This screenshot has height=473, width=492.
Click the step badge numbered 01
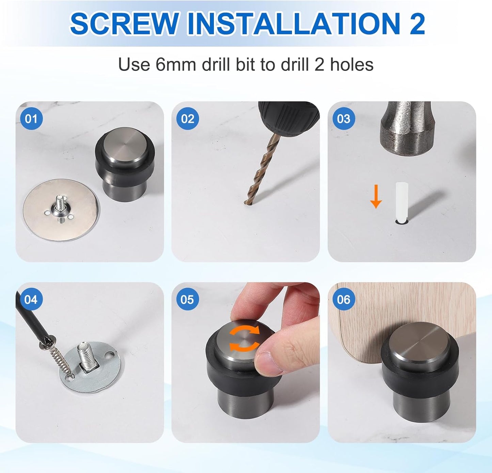pyautogui.click(x=31, y=119)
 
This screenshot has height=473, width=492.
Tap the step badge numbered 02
pyautogui.click(x=187, y=119)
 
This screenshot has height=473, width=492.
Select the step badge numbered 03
pyautogui.click(x=343, y=119)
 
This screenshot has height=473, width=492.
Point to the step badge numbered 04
pyautogui.click(x=31, y=299)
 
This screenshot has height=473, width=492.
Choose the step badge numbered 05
pyautogui.click(x=187, y=299)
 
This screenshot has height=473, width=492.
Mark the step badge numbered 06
pyautogui.click(x=343, y=299)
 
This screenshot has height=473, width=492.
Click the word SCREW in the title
pyautogui.click(x=124, y=23)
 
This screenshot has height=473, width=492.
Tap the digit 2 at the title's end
pyautogui.click(x=417, y=23)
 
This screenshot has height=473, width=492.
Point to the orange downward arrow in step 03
pyautogui.click(x=376, y=196)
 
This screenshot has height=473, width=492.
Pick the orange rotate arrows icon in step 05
pyautogui.click(x=244, y=338)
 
